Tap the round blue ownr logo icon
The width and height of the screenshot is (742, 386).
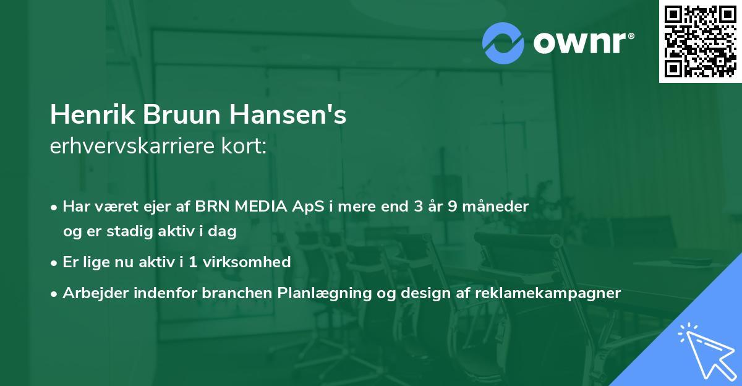coord(503,43)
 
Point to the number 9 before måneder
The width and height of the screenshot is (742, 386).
coord(453,207)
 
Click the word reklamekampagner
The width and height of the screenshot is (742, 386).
coord(548,293)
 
